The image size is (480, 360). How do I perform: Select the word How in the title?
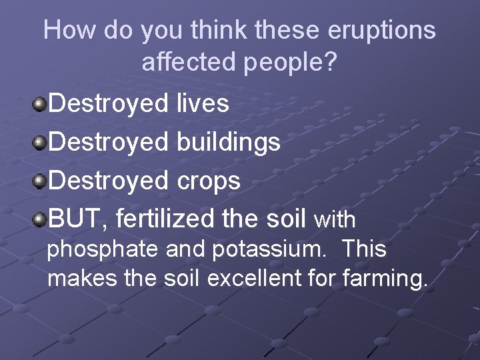(67, 31)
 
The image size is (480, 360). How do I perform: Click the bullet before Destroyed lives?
(39, 103)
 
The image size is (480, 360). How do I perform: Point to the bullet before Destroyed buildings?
(39, 142)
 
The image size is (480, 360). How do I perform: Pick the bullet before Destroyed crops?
(39, 181)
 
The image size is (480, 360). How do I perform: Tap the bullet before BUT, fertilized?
(39, 219)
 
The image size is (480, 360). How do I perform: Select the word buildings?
(228, 143)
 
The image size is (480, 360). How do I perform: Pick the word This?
(364, 249)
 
